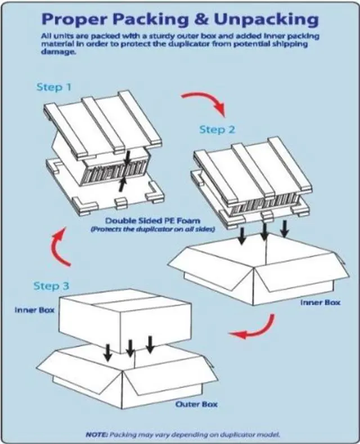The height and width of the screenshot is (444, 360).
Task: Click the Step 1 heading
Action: (54, 87)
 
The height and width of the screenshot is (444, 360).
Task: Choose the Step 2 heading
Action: (217, 130)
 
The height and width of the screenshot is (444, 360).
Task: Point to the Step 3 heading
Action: (54, 286)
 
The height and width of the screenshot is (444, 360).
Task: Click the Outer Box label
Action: (196, 404)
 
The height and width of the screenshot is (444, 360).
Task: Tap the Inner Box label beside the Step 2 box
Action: (320, 302)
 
